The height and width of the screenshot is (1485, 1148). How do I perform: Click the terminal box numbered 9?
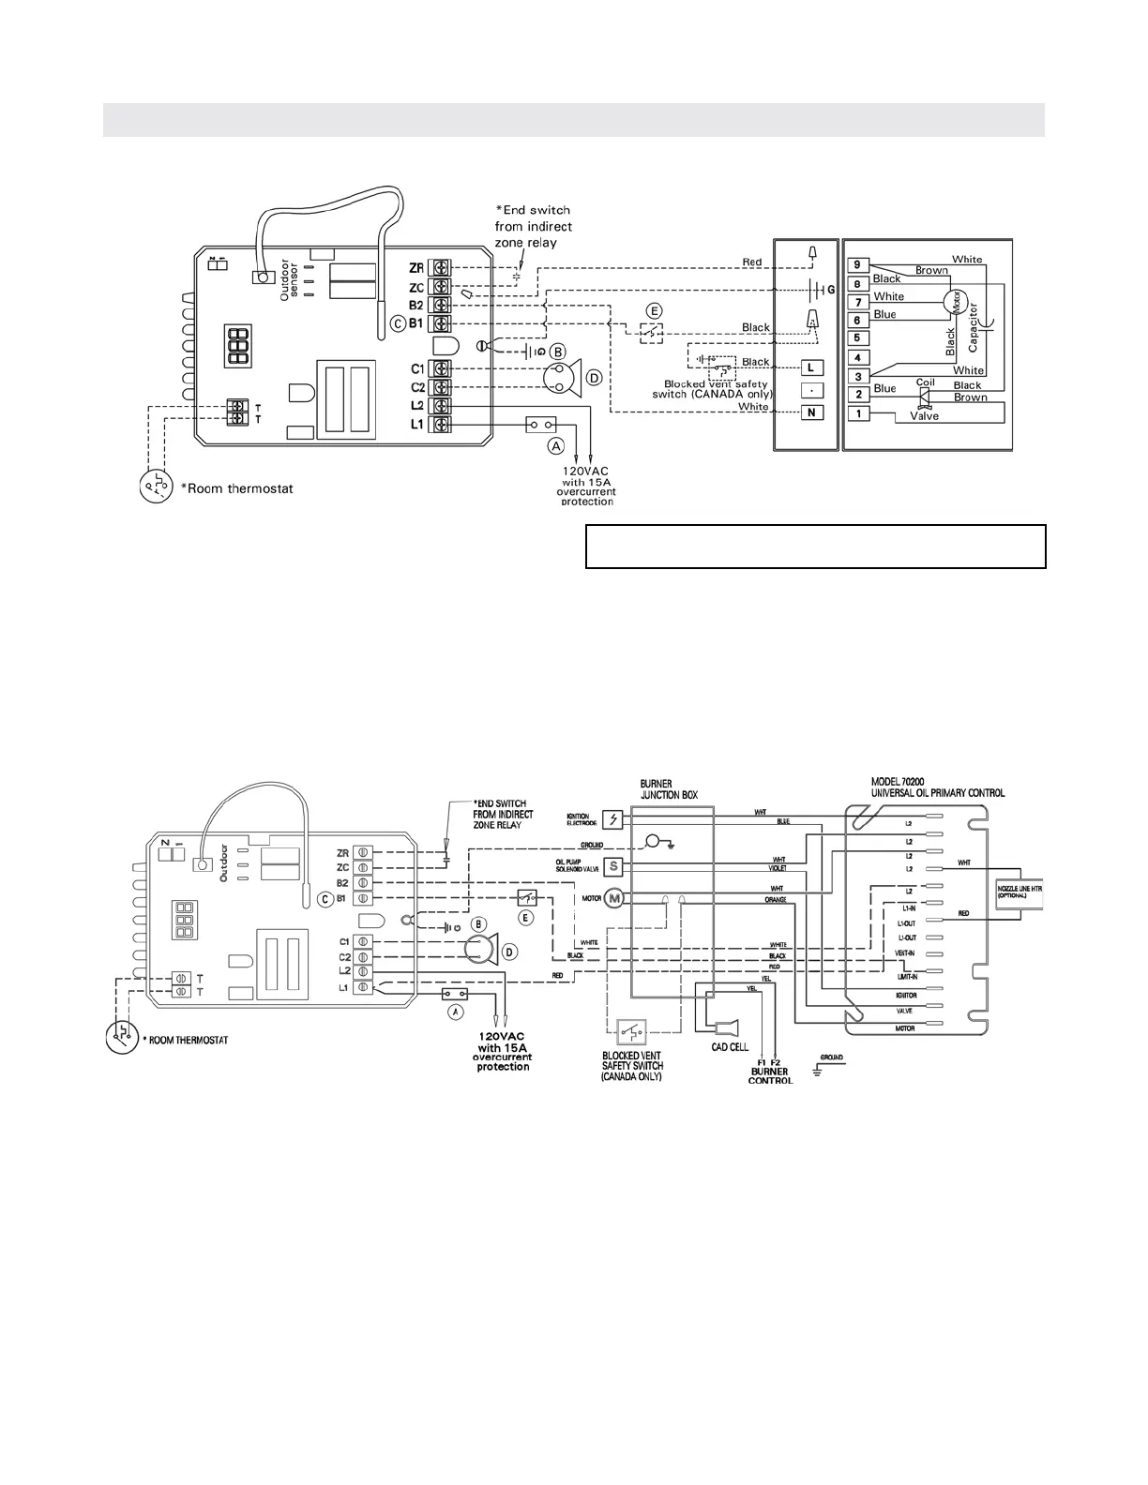point(856,265)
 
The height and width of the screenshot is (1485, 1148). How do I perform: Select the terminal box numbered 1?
point(856,413)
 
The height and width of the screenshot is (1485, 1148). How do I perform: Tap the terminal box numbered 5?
point(856,338)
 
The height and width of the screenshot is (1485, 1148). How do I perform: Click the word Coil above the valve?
point(926,382)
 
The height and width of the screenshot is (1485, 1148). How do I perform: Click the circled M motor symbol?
point(613,898)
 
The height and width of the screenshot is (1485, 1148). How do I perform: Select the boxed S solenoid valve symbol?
point(613,865)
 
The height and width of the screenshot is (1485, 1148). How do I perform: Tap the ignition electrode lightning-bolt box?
point(613,818)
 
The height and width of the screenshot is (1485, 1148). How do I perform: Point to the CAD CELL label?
point(730,1047)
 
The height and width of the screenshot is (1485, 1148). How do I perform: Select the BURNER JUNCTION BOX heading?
point(670,789)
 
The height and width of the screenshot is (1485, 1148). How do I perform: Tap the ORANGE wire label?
point(776,900)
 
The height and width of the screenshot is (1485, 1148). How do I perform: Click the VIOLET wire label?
point(778,868)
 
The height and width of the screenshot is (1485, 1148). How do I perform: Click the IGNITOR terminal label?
point(906,995)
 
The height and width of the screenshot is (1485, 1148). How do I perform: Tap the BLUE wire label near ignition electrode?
point(783,821)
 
